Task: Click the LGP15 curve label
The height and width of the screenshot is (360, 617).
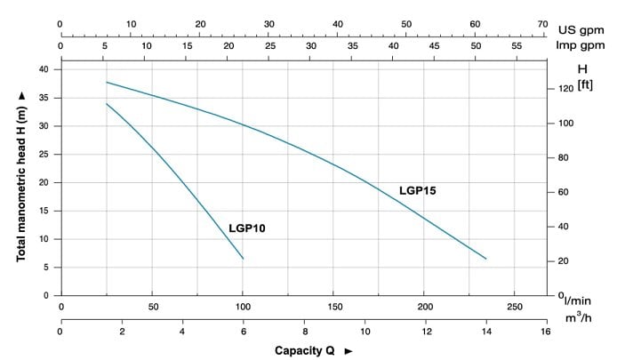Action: tap(417, 190)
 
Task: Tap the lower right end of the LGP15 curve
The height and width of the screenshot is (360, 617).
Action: tap(486, 259)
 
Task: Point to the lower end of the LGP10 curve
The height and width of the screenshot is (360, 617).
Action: tap(243, 259)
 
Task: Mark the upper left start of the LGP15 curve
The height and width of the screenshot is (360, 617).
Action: tap(107, 82)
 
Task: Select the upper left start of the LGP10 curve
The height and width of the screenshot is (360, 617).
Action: tap(107, 104)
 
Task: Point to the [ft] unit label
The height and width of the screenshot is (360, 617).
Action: tap(584, 84)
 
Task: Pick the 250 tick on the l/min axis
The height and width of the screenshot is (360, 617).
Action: tap(515, 307)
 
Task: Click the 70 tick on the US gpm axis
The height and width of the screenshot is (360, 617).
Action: tap(543, 25)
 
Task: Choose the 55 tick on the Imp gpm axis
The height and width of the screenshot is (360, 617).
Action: tap(517, 43)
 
